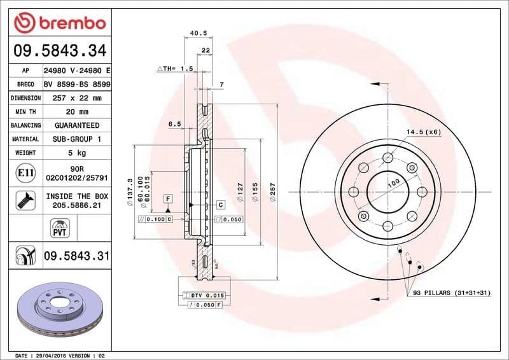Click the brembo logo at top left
59,23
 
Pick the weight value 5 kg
76,153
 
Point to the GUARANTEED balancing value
76,125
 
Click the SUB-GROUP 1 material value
76,139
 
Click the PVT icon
59,228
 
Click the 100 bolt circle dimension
393,183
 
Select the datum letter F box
168,198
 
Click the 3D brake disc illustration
60,310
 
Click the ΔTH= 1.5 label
174,68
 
